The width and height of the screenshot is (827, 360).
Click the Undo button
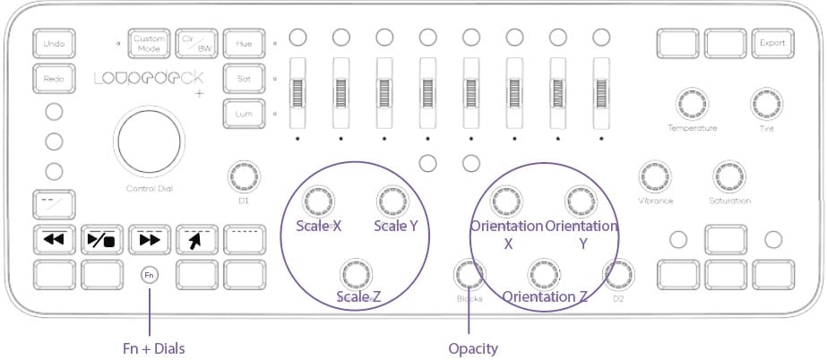pos(54,42)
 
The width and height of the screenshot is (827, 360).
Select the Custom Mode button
pos(147,42)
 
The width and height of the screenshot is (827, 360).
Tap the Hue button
pos(243,42)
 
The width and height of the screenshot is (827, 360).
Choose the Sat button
pos(243,78)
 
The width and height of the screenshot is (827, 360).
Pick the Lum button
pos(243,114)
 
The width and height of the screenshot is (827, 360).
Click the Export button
pos(772,42)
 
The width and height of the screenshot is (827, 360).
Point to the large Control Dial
pos(148,141)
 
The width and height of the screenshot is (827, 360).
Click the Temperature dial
pos(692,103)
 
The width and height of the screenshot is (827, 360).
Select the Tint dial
pos(765,103)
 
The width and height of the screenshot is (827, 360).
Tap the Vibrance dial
pos(655,176)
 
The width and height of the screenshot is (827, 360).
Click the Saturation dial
pos(730,176)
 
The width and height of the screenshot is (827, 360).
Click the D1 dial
pos(243,176)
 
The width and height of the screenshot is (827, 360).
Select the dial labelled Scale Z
pos(355,273)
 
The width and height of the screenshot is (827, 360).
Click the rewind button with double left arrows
pos(54,239)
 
